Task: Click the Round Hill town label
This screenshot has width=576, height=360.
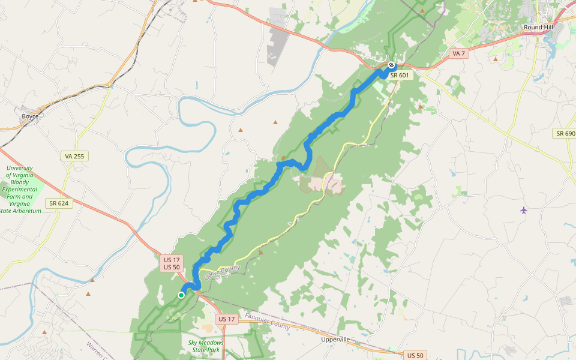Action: tap(539, 28)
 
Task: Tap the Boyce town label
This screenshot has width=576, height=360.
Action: tap(30, 116)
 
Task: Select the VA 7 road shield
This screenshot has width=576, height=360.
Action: tap(458, 53)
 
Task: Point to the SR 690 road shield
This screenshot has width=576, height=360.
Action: tap(565, 133)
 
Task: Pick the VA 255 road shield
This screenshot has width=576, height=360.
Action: tap(75, 156)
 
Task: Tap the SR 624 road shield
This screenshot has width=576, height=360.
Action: tap(59, 203)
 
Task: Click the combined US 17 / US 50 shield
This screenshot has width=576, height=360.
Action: tap(171, 263)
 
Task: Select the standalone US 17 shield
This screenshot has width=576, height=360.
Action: tap(226, 319)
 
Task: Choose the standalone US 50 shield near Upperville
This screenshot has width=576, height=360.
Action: tap(415, 355)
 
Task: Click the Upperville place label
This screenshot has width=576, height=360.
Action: tap(335, 340)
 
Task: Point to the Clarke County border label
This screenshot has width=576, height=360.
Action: tap(221, 272)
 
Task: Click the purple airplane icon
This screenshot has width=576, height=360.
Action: tap(524, 210)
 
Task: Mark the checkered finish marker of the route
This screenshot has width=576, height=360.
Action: tap(391, 65)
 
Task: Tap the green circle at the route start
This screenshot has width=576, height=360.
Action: tap(181, 295)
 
